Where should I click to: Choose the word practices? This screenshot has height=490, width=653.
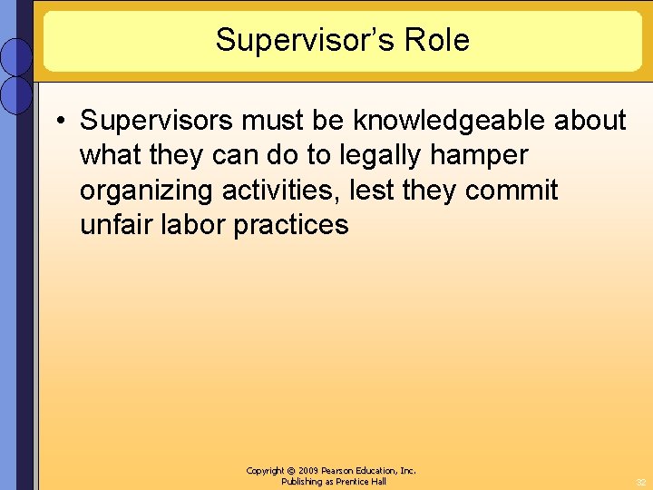tap(291, 225)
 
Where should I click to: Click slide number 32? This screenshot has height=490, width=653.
tap(640, 482)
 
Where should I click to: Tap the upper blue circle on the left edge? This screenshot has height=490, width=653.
tap(16, 56)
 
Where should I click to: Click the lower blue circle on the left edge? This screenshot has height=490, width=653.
tap(16, 94)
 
